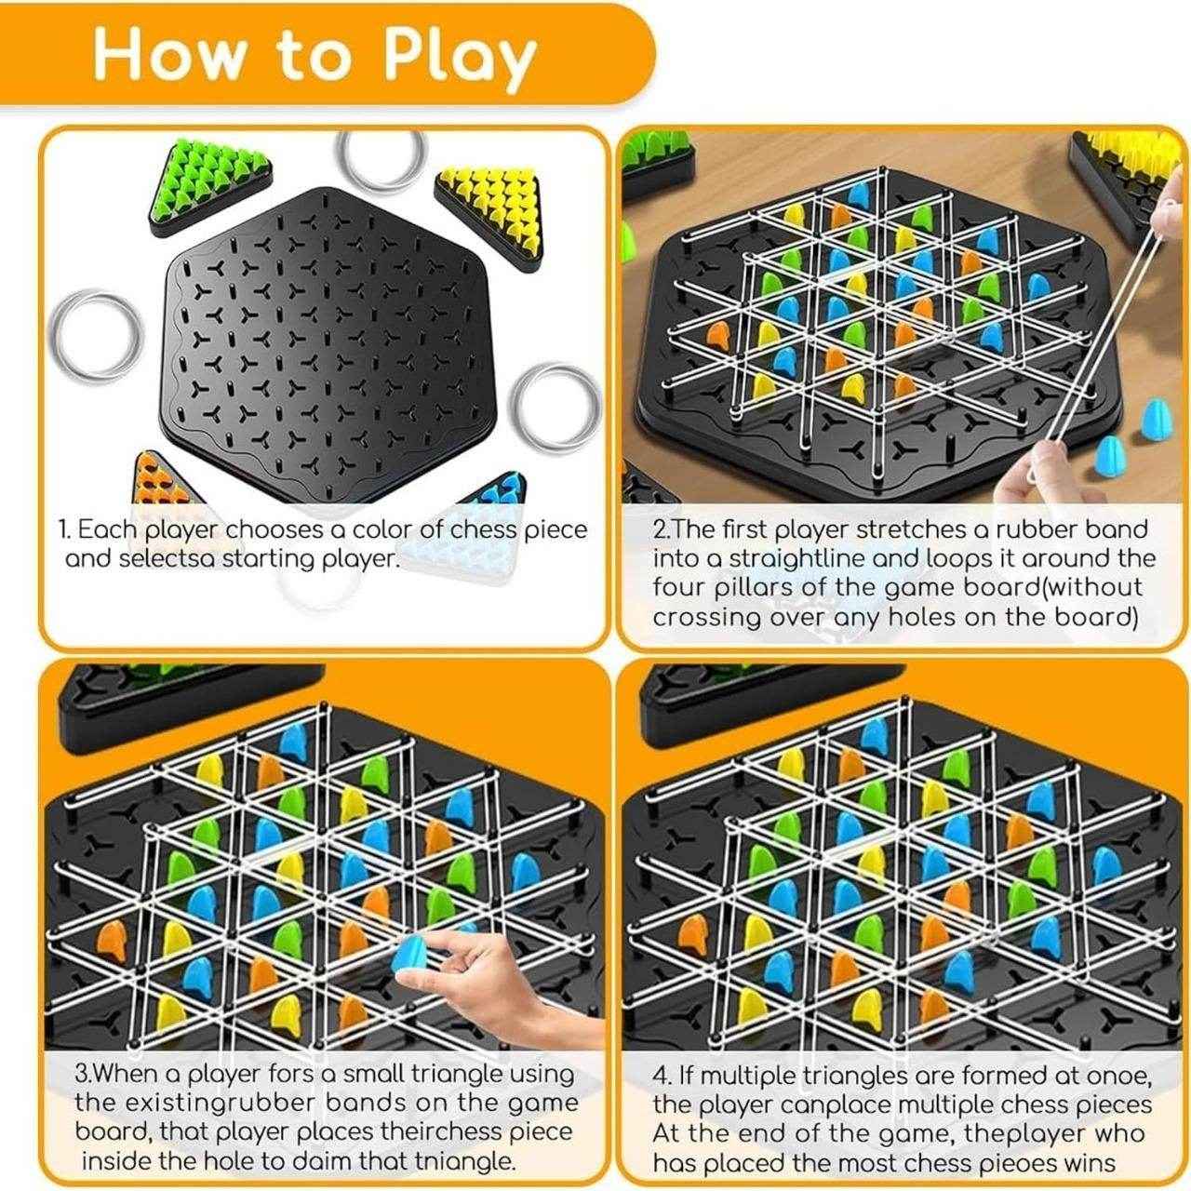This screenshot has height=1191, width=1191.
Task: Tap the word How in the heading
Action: click(x=168, y=54)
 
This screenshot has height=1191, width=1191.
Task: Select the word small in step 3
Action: click(x=381, y=1073)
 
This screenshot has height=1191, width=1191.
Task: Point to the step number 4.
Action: click(x=662, y=1075)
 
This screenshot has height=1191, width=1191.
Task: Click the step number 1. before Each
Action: click(x=64, y=530)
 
